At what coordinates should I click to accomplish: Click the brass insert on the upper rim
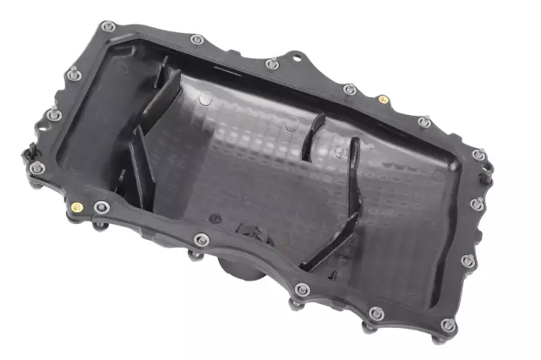[x=383, y=99]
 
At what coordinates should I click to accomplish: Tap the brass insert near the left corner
[x=77, y=207]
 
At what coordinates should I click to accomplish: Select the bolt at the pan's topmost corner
[x=107, y=26]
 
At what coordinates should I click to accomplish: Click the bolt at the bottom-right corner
[x=448, y=325]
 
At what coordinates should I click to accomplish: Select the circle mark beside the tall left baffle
[x=205, y=99]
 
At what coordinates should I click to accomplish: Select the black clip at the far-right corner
[x=488, y=173]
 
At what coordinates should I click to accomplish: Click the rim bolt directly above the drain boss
[x=200, y=239]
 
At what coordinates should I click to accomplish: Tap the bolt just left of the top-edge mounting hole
[x=270, y=63]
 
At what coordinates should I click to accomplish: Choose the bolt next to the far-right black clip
[x=478, y=155]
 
